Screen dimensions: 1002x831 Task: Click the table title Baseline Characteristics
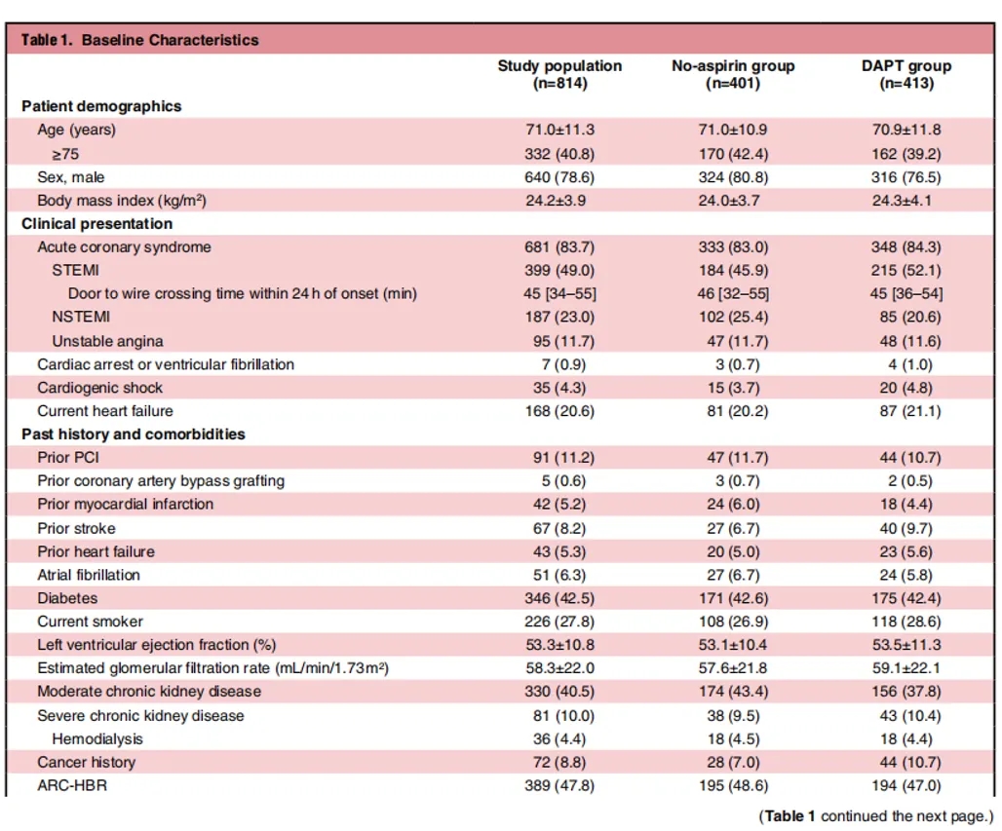coord(170,40)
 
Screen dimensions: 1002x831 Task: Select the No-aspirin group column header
coord(733,74)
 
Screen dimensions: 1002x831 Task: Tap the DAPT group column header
coord(906,74)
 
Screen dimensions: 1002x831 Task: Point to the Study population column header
coord(559,74)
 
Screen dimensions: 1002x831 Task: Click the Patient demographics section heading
coord(101,106)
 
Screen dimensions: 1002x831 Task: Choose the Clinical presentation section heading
coord(97,223)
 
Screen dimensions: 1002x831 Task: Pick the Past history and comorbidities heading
coord(134,434)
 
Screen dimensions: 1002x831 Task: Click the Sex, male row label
coord(71,177)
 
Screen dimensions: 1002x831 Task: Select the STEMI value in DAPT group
coord(906,270)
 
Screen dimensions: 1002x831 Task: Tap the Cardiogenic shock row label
coord(99,388)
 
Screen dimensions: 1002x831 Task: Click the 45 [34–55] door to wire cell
coord(559,294)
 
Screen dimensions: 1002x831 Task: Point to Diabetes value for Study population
coord(559,598)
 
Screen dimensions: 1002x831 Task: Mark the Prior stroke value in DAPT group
coord(906,528)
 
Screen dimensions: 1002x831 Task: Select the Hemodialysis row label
coord(97,739)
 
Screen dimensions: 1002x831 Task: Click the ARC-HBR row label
coord(72,785)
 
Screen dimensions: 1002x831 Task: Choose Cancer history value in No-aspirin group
coord(733,762)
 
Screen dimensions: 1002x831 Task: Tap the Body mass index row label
coord(122,201)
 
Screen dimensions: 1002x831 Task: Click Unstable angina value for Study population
coord(563,341)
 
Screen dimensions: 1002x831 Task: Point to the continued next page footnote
coord(877,816)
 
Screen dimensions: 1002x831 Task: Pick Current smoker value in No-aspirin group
coord(733,622)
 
